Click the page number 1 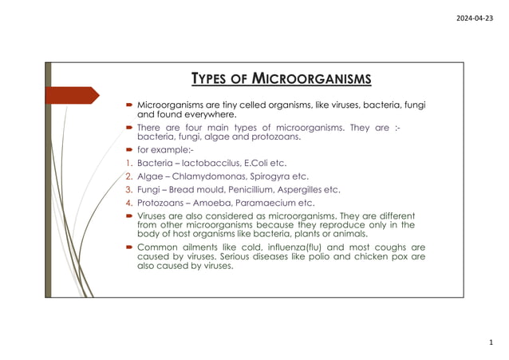pyautogui.click(x=491, y=343)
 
